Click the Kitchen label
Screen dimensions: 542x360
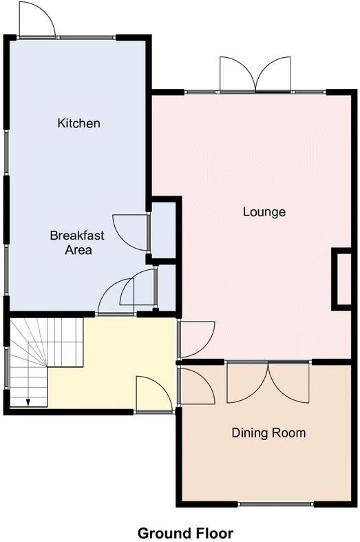78,123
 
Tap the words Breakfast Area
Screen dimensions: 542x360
77,242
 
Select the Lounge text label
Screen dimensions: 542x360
264,211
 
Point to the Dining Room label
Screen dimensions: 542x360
268,433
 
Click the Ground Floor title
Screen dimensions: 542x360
185,532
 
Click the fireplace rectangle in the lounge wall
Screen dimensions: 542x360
342,278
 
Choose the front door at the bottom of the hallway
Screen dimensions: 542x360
153,396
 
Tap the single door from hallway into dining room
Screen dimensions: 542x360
195,386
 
